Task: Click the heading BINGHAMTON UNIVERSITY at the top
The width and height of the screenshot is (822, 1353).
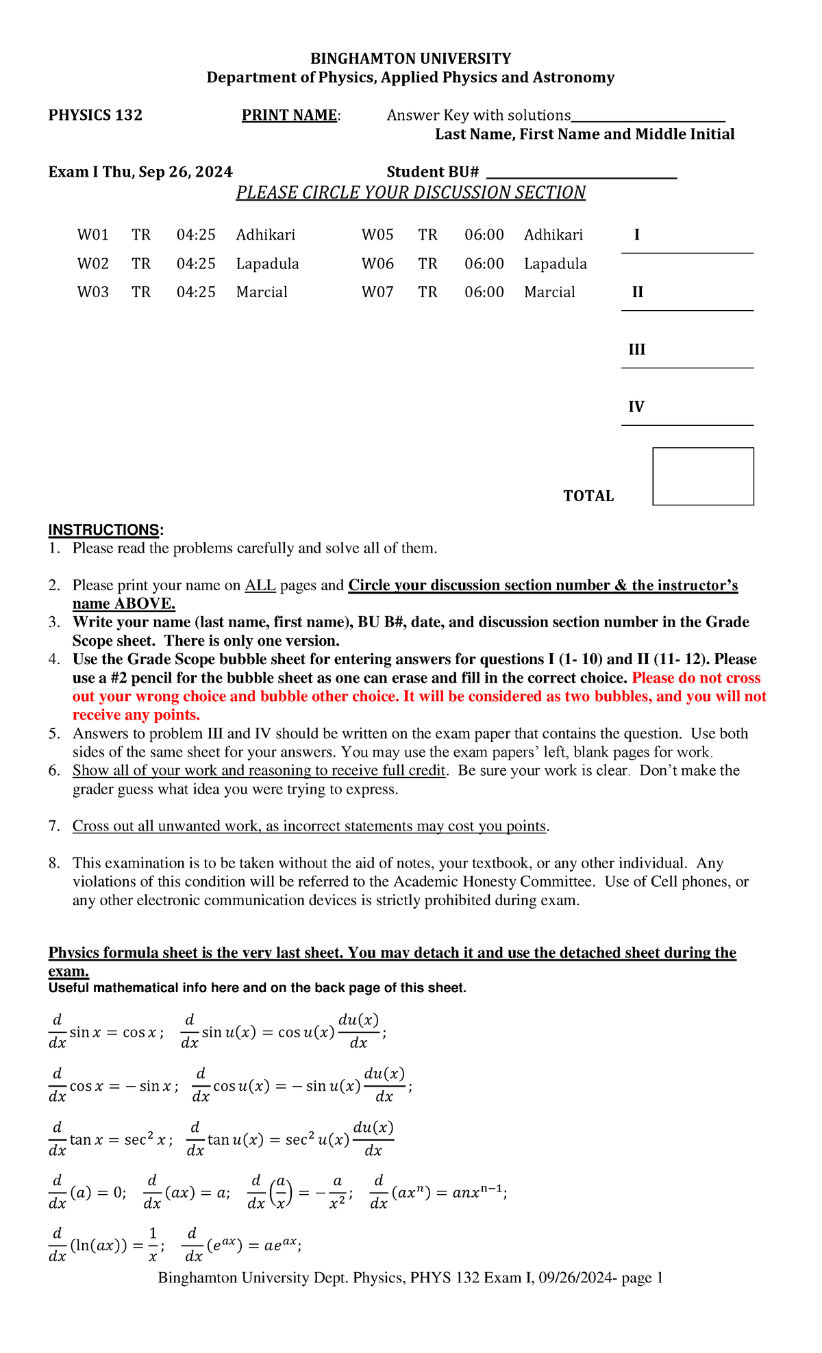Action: pyautogui.click(x=410, y=59)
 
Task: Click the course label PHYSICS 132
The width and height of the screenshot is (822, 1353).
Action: pyautogui.click(x=95, y=115)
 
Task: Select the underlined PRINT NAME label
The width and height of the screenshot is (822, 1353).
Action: pyautogui.click(x=289, y=115)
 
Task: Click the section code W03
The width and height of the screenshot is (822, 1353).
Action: pyautogui.click(x=92, y=292)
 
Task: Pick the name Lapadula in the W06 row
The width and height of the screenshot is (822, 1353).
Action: pyautogui.click(x=555, y=264)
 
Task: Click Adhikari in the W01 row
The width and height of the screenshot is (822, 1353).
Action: pyautogui.click(x=266, y=235)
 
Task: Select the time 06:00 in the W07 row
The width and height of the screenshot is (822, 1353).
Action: pyautogui.click(x=484, y=292)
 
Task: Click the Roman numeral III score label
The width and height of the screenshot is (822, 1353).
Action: pyautogui.click(x=636, y=350)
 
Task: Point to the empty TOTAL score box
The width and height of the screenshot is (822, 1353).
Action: pyautogui.click(x=703, y=477)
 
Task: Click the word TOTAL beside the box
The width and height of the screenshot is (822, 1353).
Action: pyautogui.click(x=588, y=496)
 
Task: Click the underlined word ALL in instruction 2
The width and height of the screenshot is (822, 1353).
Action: pyautogui.click(x=260, y=585)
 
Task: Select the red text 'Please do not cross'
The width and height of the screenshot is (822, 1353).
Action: pyautogui.click(x=696, y=678)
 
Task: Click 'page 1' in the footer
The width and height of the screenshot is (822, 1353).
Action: pyautogui.click(x=642, y=1278)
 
